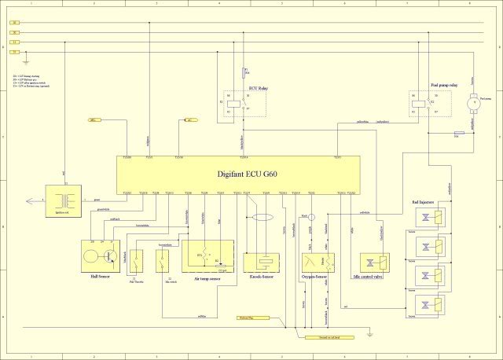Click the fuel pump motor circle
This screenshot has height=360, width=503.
click(x=472, y=102)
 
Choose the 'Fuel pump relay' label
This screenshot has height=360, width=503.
click(x=444, y=84)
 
